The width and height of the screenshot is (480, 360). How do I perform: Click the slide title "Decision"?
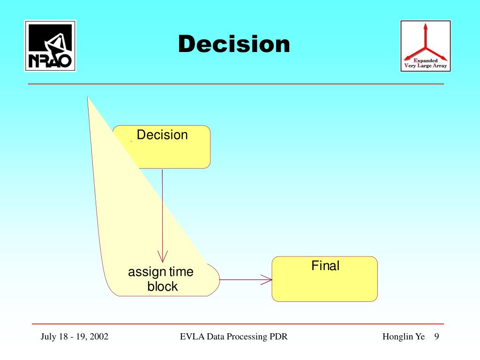click(x=234, y=45)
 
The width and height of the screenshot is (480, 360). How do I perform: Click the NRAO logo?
click(x=50, y=45)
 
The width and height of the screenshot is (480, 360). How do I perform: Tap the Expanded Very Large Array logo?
click(x=425, y=45)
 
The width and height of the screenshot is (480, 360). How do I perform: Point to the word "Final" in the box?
click(x=325, y=266)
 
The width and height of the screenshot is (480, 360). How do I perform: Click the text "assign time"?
click(x=161, y=272)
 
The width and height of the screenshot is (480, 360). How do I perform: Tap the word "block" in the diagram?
click(x=163, y=286)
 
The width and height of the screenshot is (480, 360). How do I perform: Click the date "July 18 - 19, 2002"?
click(x=75, y=337)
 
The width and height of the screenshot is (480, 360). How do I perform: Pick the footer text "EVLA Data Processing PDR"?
click(x=233, y=337)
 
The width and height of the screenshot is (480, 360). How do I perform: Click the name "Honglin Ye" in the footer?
click(x=403, y=337)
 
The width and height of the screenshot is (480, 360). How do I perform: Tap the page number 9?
click(x=436, y=337)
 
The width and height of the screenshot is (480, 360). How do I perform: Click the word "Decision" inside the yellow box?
click(x=162, y=135)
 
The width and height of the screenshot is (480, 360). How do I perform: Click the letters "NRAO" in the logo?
click(x=50, y=60)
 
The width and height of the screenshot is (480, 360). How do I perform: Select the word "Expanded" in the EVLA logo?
click(x=426, y=60)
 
